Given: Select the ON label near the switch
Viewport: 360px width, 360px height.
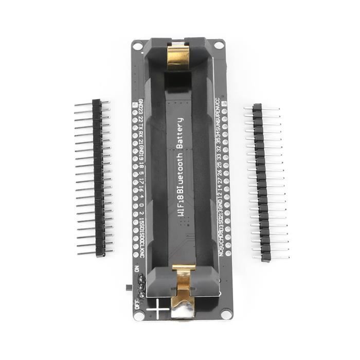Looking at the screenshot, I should (136, 268).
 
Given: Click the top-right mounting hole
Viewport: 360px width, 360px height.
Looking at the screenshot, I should (219, 45).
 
